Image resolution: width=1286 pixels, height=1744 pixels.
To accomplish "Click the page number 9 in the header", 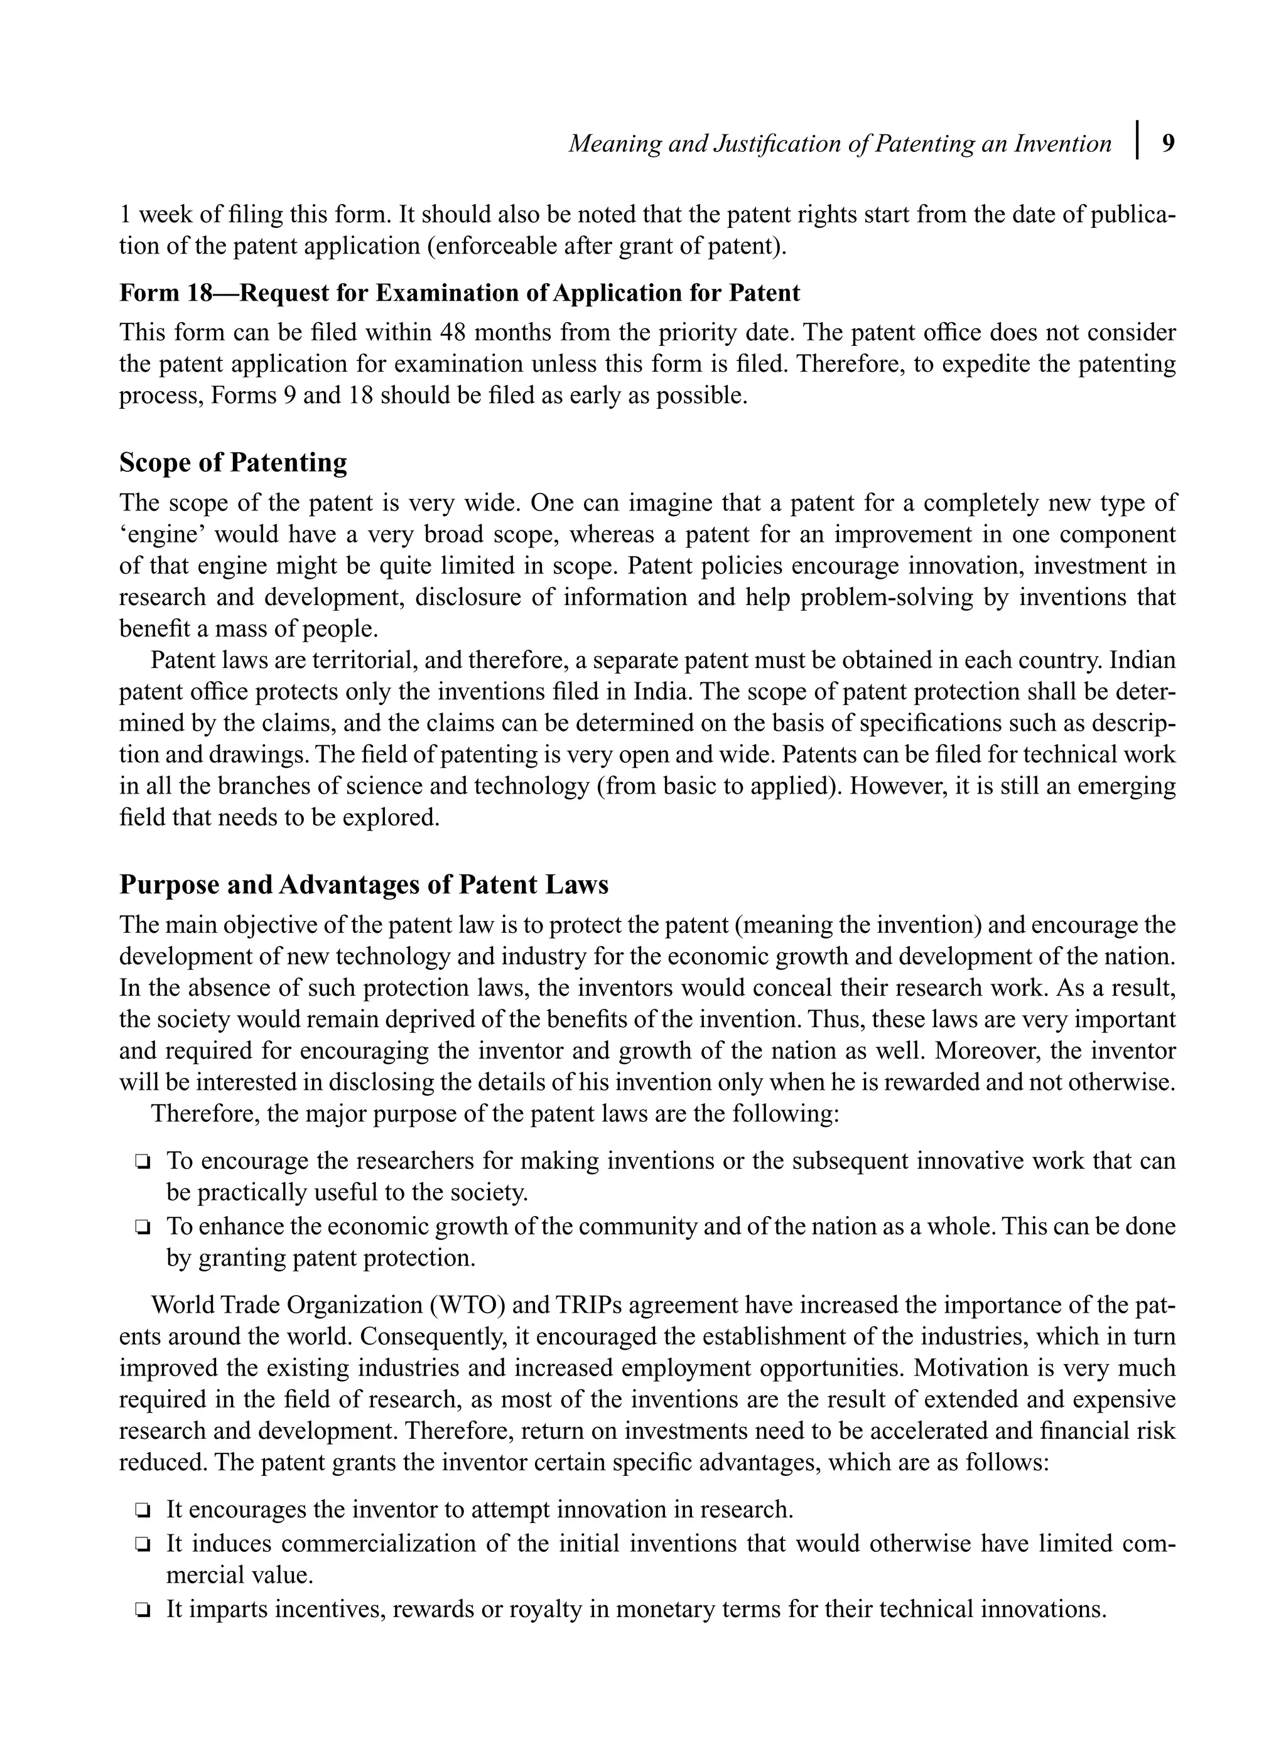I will click(1168, 144).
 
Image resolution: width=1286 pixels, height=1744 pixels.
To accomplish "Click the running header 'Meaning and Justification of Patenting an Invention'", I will click(839, 144).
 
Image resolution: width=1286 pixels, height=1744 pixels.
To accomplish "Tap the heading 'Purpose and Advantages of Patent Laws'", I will click(364, 885).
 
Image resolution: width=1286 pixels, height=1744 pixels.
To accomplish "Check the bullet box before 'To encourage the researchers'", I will click(142, 1163).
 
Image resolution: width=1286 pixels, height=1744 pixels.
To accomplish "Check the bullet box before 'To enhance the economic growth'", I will click(142, 1228).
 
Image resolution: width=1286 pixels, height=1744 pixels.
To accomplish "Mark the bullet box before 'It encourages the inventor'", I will click(142, 1511).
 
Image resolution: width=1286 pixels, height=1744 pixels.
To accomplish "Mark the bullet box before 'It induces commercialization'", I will click(142, 1544).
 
